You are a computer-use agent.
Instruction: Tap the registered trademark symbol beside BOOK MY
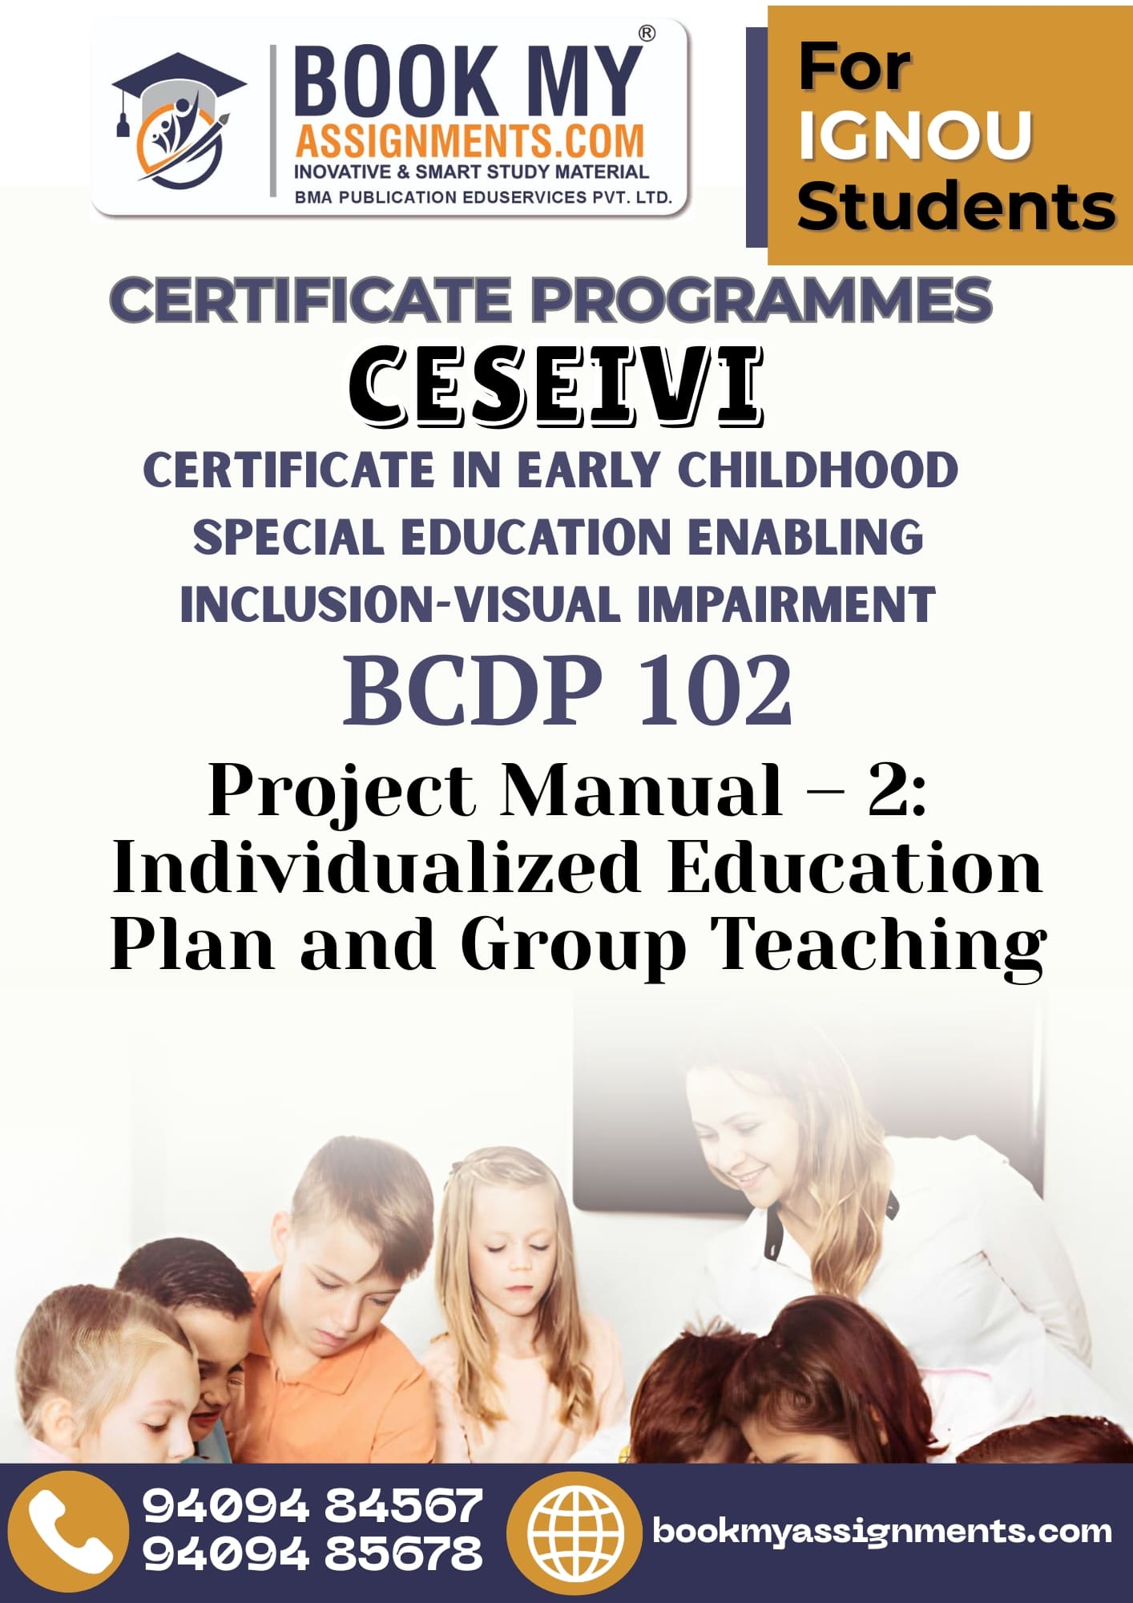[x=646, y=34]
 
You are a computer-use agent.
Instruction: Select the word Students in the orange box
[x=956, y=206]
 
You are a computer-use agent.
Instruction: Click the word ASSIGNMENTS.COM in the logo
[x=470, y=141]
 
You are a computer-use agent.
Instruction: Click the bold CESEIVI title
[x=556, y=386]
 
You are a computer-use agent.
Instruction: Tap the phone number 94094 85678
[x=312, y=1553]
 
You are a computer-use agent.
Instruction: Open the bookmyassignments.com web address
[x=882, y=1531]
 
